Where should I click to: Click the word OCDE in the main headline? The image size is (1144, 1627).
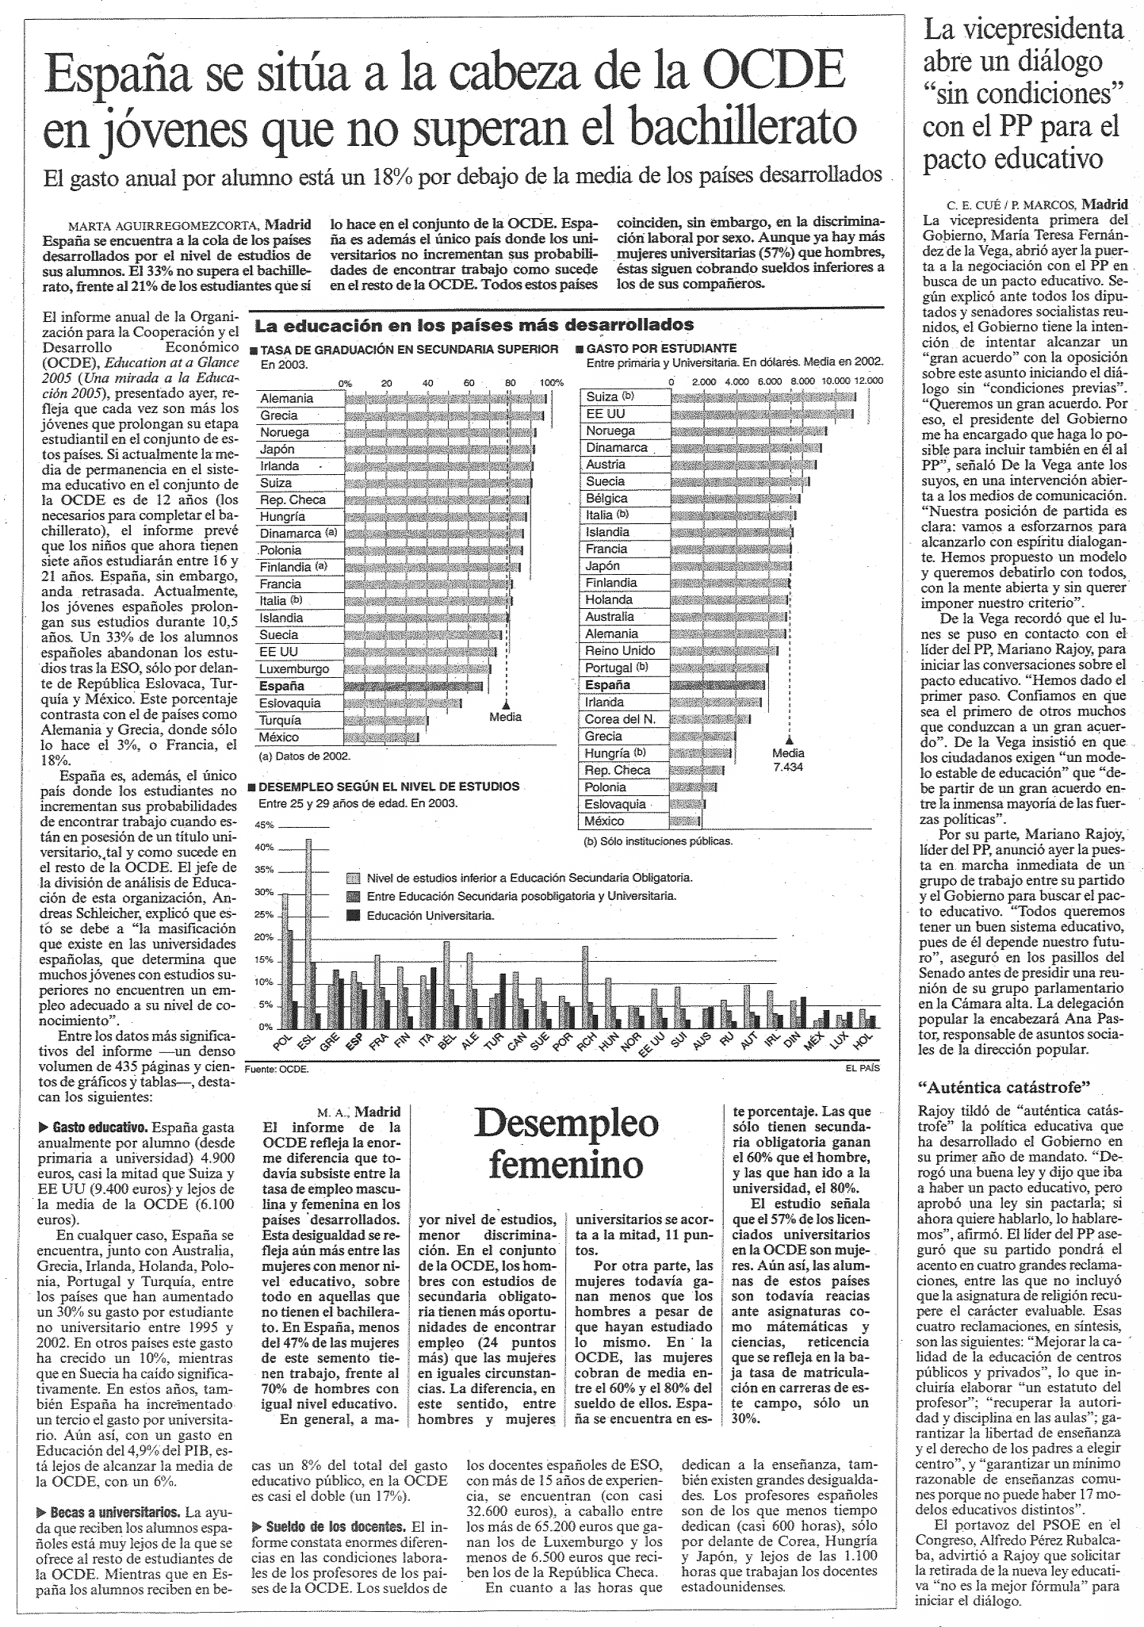774,71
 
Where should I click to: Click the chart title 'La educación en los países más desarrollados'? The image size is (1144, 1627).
473,324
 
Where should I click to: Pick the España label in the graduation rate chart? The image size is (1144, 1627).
281,686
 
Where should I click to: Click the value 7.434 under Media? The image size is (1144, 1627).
788,767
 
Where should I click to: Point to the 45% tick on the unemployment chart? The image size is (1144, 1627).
264,825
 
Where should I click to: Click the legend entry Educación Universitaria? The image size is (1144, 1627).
430,915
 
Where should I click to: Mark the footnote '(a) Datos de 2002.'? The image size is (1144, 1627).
302,756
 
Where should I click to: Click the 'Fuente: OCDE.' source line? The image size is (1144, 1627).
277,1069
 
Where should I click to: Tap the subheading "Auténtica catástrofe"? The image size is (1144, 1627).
1004,1086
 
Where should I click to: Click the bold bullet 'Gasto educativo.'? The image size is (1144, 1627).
99,1127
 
